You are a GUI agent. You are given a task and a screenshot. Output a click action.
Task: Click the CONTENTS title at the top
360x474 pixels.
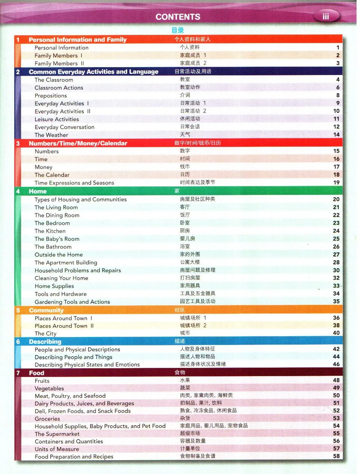[178, 17]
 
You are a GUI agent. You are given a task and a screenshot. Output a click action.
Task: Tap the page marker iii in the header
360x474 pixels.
[326, 17]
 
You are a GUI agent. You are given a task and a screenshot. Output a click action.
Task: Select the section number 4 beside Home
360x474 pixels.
[18, 191]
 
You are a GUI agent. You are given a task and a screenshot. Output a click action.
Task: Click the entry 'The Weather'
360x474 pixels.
[51, 135]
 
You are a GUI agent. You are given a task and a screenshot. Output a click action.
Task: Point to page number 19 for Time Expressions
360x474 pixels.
[336, 183]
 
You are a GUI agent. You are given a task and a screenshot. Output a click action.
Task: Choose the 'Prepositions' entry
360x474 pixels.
[51, 96]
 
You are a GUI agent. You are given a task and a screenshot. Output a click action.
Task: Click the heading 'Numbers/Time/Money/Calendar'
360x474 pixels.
[78, 143]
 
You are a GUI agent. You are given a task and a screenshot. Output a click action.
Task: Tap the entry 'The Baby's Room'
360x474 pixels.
[57, 239]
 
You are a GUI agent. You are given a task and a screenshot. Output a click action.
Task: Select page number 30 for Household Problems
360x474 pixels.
[336, 270]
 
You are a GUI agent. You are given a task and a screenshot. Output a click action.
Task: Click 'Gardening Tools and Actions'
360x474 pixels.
[72, 302]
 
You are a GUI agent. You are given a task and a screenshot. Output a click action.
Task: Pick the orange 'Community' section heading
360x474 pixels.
[46, 310]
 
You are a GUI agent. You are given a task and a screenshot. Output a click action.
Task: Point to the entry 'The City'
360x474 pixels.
[45, 333]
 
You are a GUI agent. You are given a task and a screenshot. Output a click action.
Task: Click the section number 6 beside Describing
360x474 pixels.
[18, 342]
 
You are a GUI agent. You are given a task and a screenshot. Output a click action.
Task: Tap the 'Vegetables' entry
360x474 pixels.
[49, 388]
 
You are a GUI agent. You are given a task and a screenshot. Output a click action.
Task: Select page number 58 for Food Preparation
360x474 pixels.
[336, 456]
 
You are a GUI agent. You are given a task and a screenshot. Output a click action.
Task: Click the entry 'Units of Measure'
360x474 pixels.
[57, 449]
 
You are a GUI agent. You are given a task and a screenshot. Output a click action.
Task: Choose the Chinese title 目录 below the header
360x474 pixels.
[178, 30]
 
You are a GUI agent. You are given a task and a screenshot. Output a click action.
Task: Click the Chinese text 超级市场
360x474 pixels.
[190, 433]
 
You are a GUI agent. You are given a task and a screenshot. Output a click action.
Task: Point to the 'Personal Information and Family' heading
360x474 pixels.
[78, 40]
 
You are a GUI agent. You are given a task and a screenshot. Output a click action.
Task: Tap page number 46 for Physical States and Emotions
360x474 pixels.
[336, 364]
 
